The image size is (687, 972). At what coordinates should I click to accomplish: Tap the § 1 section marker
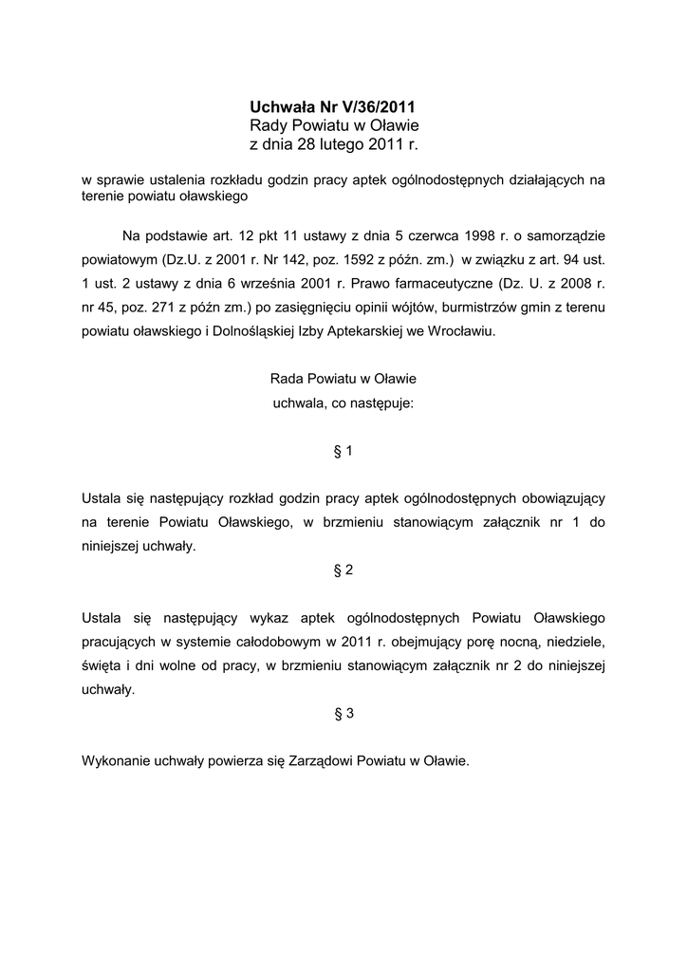click(x=343, y=452)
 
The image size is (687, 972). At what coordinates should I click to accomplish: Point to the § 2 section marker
click(x=343, y=570)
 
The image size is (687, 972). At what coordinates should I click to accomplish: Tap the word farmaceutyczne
click(x=439, y=284)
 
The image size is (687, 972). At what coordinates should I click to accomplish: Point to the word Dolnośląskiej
click(x=245, y=332)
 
